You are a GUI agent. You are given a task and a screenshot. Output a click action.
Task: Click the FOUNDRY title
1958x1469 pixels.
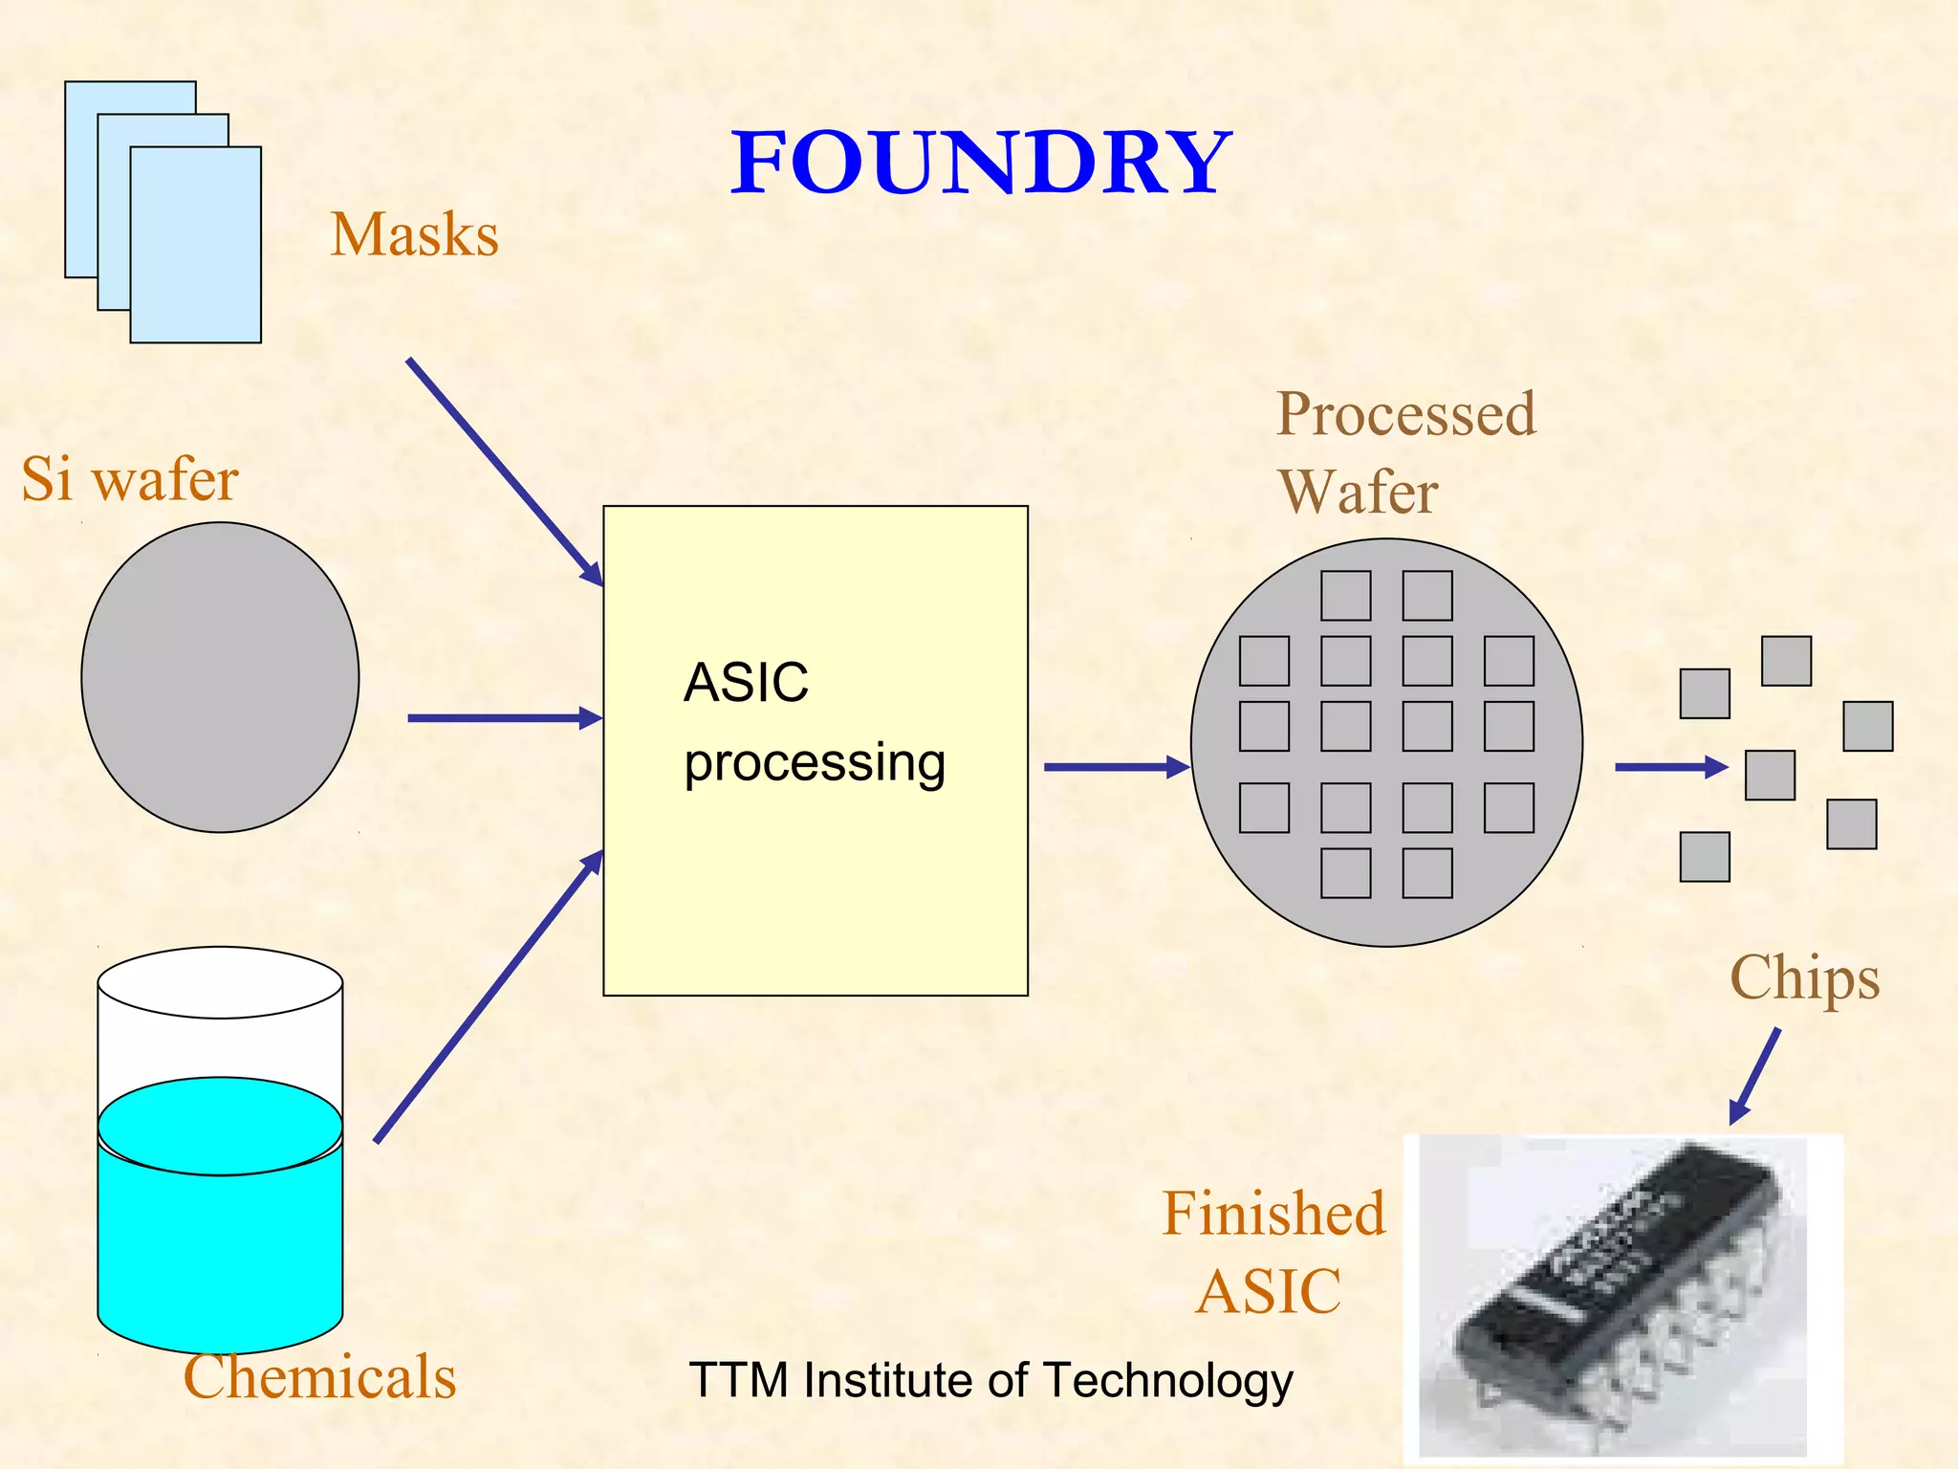[x=981, y=163]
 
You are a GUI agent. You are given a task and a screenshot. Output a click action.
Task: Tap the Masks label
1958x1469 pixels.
[x=414, y=234]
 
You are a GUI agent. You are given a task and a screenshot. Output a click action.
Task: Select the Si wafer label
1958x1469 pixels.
[x=130, y=479]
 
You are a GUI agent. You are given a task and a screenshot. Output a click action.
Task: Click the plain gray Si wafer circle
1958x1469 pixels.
[x=220, y=677]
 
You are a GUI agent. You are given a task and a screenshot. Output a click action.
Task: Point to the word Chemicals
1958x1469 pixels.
[x=319, y=1377]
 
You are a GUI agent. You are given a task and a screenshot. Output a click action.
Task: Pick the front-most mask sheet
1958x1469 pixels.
[x=196, y=245]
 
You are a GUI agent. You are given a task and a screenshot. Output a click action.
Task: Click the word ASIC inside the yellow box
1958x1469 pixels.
[x=746, y=683]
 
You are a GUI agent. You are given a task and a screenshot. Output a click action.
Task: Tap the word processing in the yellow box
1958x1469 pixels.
[x=815, y=763]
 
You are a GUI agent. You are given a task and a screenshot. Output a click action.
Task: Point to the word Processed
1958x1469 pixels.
[x=1406, y=414]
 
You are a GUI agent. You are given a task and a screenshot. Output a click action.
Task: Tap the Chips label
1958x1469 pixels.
[x=1804, y=978]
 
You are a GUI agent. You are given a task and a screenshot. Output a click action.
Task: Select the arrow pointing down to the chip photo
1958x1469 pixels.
[x=1755, y=1076]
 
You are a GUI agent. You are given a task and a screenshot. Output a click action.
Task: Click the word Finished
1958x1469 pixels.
[x=1273, y=1214]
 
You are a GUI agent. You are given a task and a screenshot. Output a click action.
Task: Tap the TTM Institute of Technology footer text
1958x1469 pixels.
[x=990, y=1380]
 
